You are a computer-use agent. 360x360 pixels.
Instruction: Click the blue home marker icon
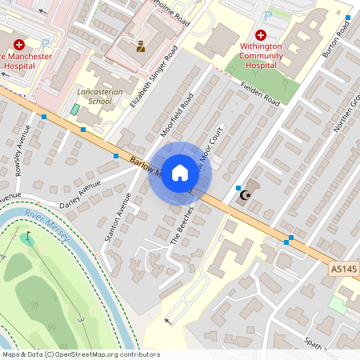[x=180, y=173]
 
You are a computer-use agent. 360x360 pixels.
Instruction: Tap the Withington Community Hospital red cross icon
[x=261, y=35]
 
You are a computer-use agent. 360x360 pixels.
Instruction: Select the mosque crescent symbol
[x=246, y=194]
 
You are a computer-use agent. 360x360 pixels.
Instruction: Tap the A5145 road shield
[x=343, y=271]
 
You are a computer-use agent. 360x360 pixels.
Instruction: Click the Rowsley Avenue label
[x=22, y=149]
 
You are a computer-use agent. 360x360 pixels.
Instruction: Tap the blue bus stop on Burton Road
[x=347, y=17]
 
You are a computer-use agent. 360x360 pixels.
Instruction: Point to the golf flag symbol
[x=30, y=237]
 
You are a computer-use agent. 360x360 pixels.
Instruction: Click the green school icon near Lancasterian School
[x=75, y=108]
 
